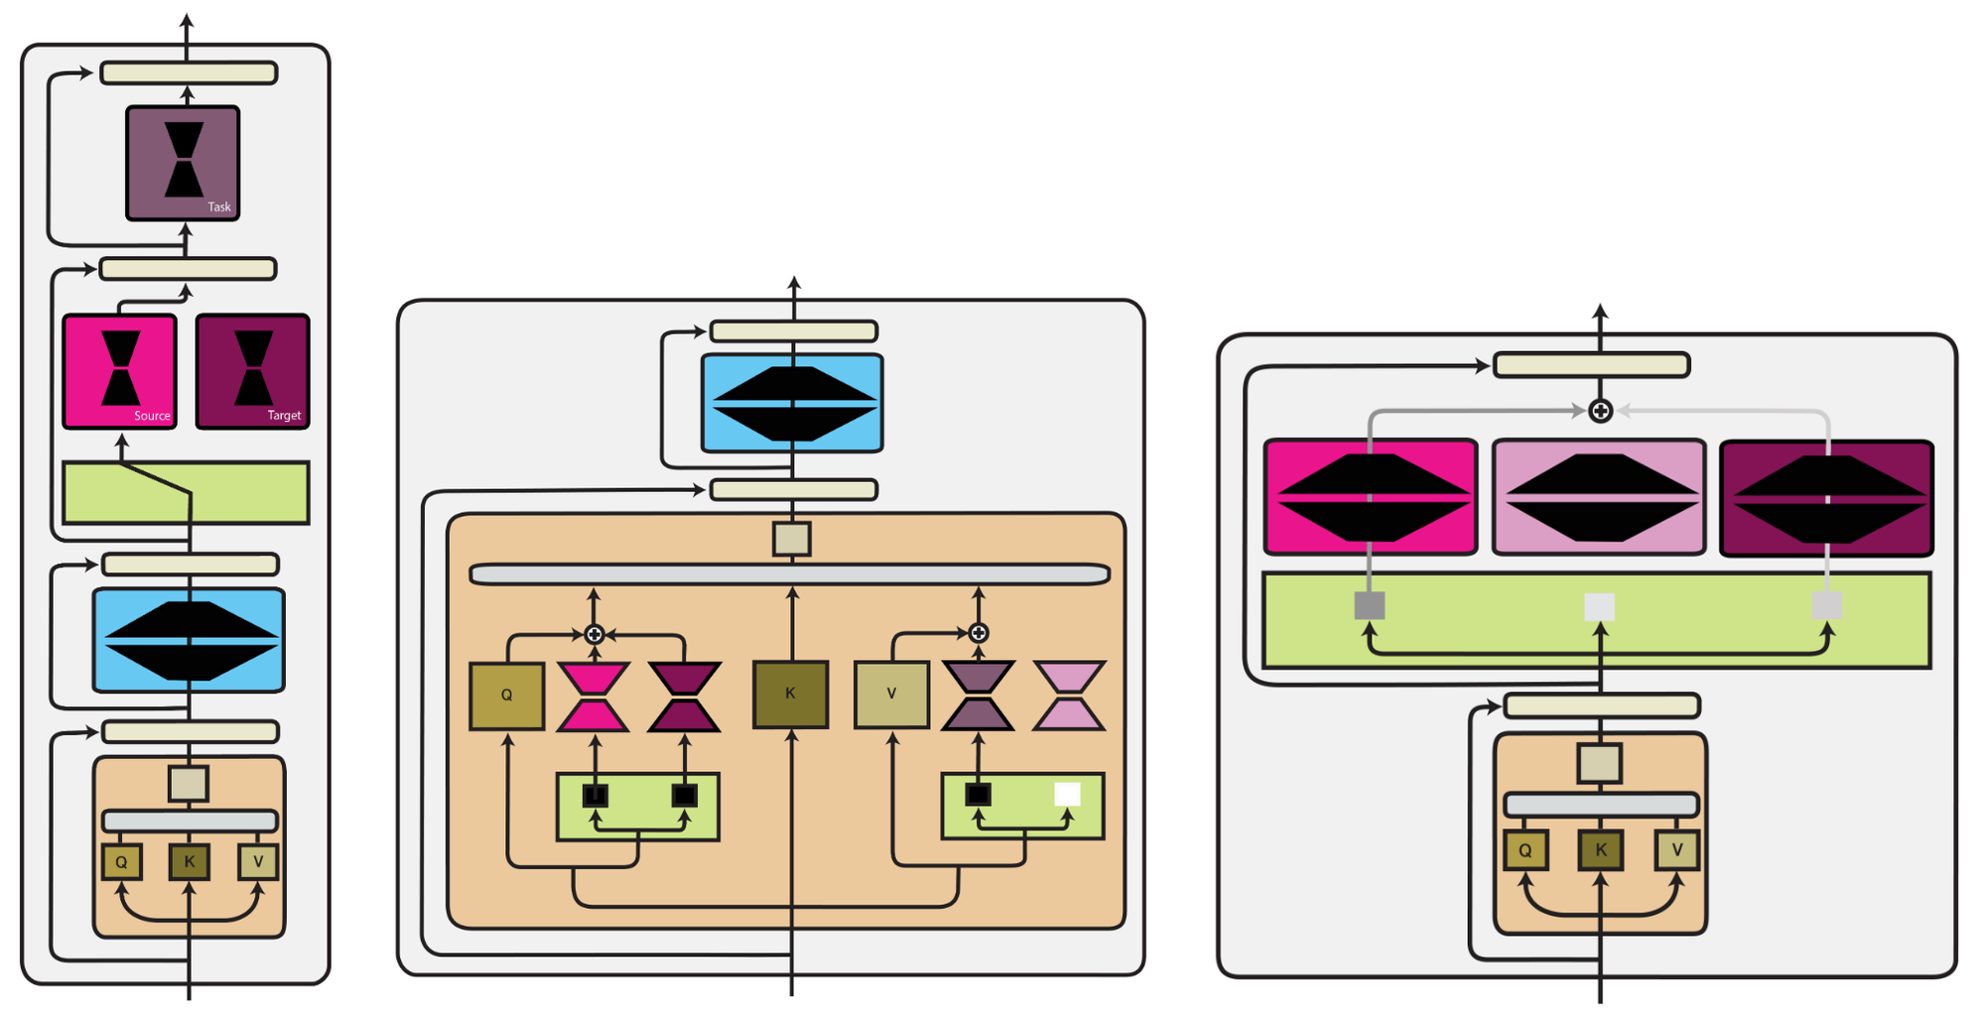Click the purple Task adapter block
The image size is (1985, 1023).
183,163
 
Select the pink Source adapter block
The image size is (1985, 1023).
119,371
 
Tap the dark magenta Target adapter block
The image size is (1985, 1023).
253,371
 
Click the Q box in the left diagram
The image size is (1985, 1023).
121,861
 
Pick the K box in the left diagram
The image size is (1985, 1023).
189,861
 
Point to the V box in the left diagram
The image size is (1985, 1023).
258,861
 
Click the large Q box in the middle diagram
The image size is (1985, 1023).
506,695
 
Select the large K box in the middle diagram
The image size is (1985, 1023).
790,694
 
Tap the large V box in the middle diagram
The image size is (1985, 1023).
891,695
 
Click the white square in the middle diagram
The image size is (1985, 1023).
1067,794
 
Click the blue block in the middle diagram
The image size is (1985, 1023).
791,403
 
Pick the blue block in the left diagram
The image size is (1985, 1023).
189,640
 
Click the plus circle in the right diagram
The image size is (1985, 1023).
1600,411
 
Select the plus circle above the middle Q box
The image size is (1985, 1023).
594,634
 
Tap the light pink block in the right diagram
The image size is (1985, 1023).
1598,496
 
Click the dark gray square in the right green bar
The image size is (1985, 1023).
1370,605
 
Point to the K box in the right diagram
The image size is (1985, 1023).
1600,849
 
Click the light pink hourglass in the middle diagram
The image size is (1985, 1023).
1069,696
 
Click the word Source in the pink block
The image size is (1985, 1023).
152,416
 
